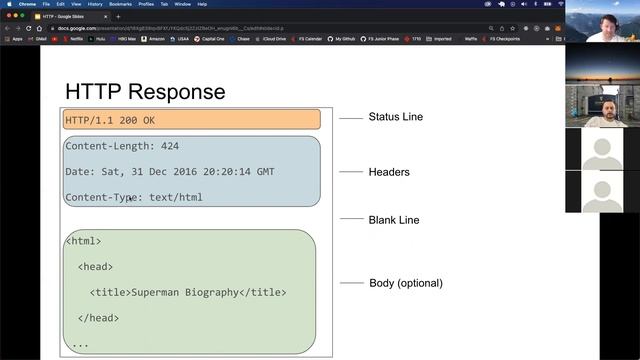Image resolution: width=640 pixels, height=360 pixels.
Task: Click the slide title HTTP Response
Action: coord(145,92)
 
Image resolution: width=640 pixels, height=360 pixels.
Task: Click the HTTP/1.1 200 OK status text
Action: coord(110,120)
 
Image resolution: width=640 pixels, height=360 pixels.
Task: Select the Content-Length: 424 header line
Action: coord(122,146)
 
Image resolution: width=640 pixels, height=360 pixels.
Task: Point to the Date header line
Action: coord(170,172)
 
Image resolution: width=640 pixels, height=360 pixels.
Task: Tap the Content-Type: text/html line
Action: coord(134,197)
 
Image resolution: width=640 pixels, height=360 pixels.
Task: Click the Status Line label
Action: coord(395,117)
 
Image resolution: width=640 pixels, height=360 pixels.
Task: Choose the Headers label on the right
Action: coord(389,172)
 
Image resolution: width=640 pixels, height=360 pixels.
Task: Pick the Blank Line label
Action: coord(394,220)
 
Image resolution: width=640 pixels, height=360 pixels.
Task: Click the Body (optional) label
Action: coord(406,283)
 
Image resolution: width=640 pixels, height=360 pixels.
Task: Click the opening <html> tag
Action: coord(83,241)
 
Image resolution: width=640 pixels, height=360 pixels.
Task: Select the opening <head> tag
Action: coord(95,267)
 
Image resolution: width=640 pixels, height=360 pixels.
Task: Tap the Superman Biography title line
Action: coord(188,292)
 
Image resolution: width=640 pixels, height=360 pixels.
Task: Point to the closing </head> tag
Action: coord(98,318)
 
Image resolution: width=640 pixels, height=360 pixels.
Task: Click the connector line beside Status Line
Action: coord(350,118)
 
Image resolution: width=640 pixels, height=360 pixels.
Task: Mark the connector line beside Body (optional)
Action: coord(351,283)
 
